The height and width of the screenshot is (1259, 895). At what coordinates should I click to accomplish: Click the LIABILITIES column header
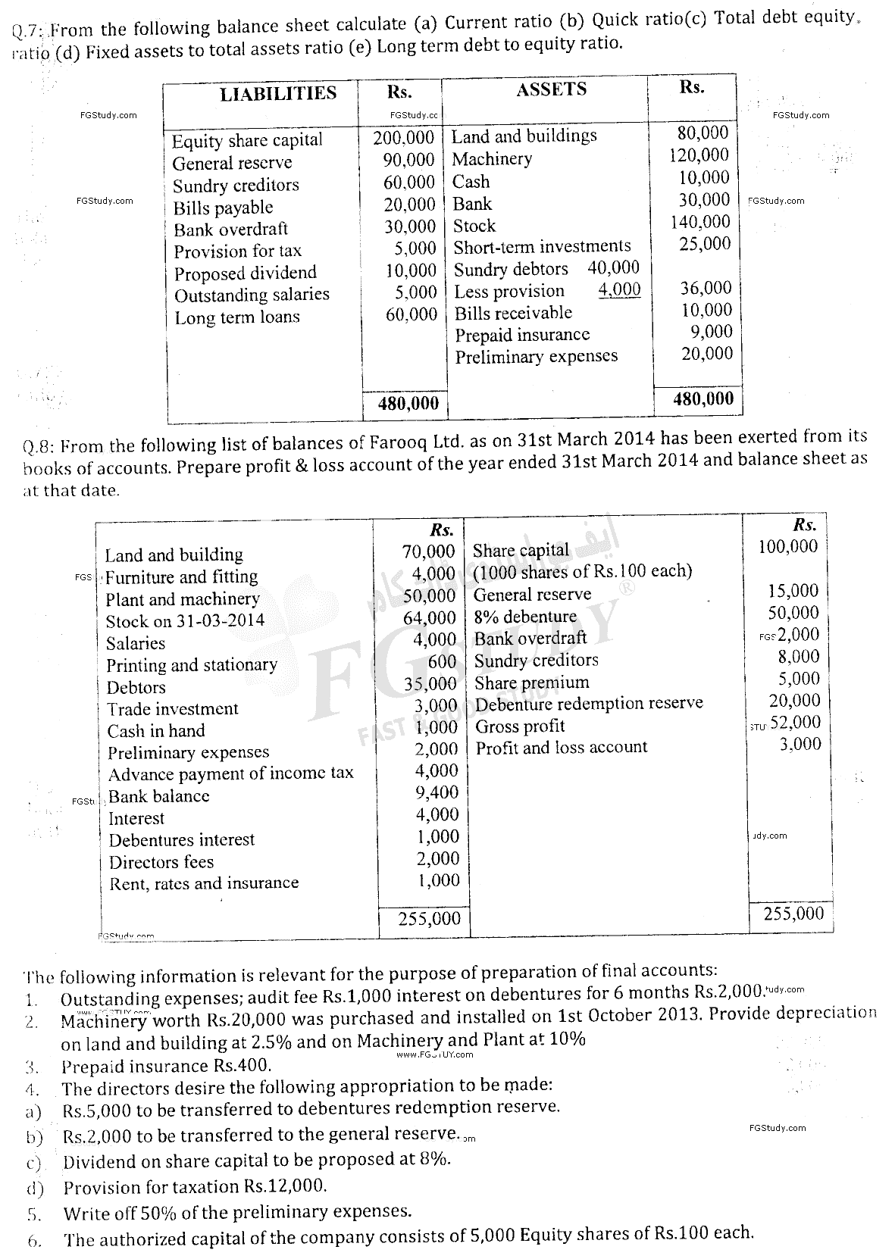pos(277,93)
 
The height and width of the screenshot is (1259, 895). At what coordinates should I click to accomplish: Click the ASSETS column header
pos(551,89)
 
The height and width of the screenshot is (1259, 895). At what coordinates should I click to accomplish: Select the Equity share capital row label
pos(246,140)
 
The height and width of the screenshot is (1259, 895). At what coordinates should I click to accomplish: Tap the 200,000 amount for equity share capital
pos(403,138)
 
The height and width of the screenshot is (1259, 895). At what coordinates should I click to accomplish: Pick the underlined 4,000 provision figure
pos(618,289)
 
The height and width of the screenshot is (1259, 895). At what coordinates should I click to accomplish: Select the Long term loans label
pos(236,317)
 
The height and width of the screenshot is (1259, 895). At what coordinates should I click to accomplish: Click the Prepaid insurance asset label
pos(521,335)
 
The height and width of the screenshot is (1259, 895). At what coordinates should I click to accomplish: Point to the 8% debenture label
pos(524,617)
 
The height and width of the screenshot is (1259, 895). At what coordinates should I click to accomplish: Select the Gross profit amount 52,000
pos(795,722)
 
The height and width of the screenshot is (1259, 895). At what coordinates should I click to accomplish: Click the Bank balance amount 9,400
pos(437,792)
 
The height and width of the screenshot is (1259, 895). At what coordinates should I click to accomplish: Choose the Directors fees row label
pos(161,862)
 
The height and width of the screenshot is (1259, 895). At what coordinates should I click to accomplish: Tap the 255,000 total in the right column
pos(793,913)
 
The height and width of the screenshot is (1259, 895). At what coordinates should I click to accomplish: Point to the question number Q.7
pos(28,32)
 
